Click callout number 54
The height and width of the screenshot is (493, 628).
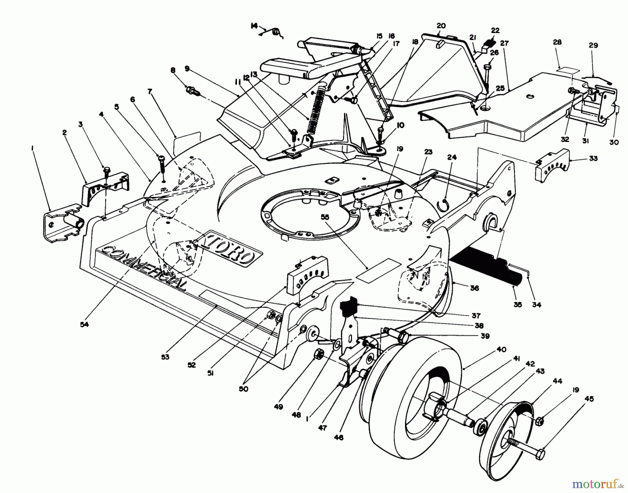point(84,324)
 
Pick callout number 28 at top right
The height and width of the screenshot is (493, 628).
point(557,42)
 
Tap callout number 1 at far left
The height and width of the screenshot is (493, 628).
point(32,148)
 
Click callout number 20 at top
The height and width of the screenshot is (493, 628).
point(441,25)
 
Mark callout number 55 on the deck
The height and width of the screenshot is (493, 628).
point(325,217)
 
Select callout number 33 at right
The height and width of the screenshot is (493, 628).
point(593,158)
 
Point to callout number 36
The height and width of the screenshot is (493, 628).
point(474,288)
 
